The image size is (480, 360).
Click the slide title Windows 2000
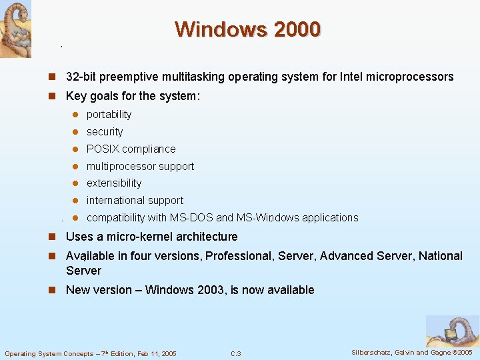coord(248,29)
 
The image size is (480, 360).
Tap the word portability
coord(109,115)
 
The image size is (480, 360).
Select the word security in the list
coord(105,132)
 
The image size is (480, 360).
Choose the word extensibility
coord(114,183)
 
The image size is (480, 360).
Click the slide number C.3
coord(235,354)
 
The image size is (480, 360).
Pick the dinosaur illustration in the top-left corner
coord(15,29)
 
